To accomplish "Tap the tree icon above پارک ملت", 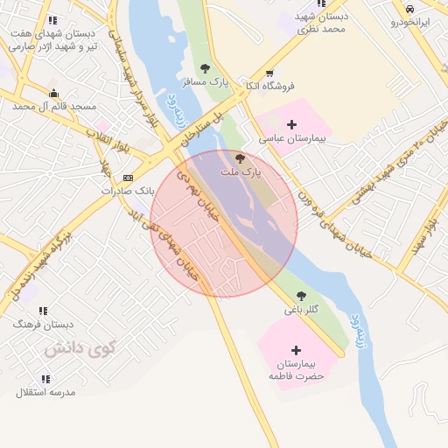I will (x=241, y=158).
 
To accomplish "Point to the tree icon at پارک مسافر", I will (x=205, y=67).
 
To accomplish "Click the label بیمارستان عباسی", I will (x=292, y=139).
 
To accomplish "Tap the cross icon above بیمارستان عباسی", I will (x=292, y=125).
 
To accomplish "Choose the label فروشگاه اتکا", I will (x=269, y=86).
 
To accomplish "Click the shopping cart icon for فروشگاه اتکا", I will (x=269, y=73).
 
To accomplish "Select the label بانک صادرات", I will (x=128, y=190).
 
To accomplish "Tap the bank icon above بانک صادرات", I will (x=128, y=178).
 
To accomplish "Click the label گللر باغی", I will (x=302, y=310).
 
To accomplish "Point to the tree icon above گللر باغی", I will (x=302, y=296).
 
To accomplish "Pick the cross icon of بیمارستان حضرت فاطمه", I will (x=296, y=349).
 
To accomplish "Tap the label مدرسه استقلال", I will (x=45, y=393).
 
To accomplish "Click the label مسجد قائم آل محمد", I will (x=54, y=106).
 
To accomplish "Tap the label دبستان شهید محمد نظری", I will (x=320, y=23).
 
